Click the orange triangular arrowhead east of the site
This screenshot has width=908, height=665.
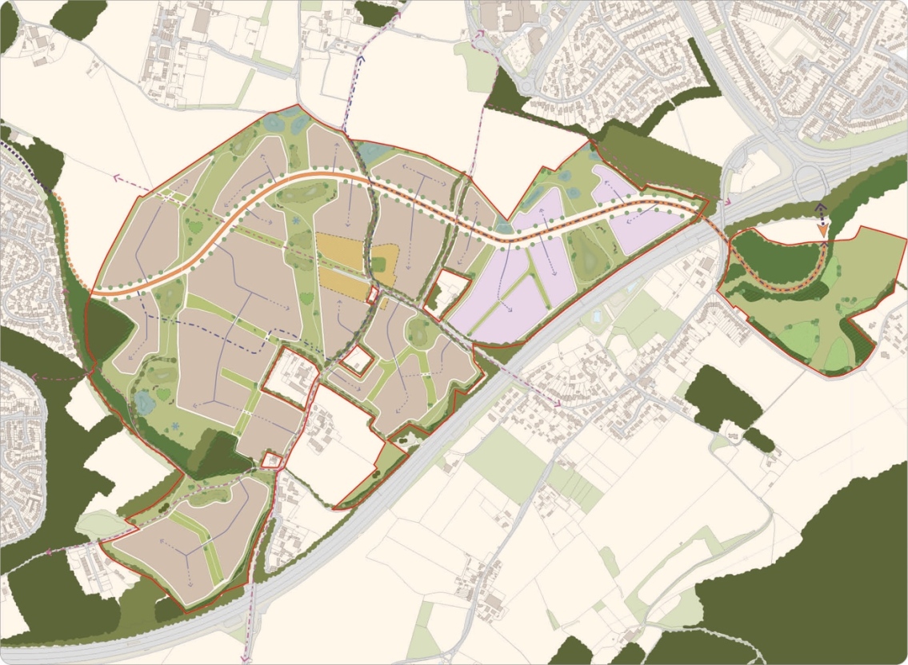click(x=822, y=230)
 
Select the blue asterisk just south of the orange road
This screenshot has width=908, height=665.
click(x=296, y=220)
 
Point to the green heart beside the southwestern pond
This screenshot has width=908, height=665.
click(x=165, y=394)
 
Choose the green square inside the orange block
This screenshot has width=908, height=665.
click(x=378, y=265)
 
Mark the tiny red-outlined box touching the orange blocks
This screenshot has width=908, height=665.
click(x=371, y=293)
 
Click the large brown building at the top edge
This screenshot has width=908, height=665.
click(x=512, y=11)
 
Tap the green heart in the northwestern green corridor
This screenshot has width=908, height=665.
click(x=194, y=228)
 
